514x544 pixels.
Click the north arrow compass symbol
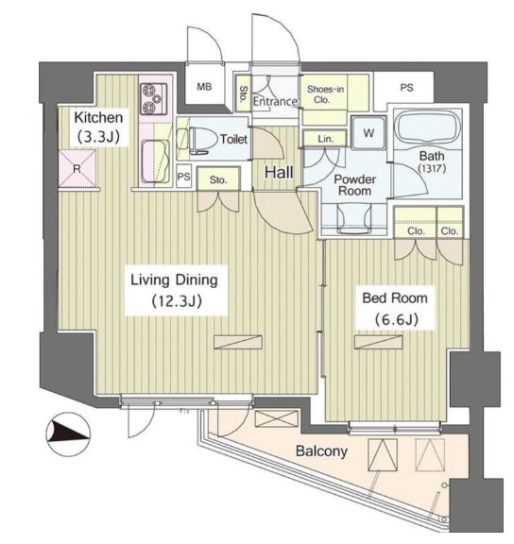(x=68, y=434)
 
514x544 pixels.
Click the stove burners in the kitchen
(x=154, y=98)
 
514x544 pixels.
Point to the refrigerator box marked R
(x=77, y=169)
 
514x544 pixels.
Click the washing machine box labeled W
(x=368, y=133)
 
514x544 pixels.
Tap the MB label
(x=204, y=87)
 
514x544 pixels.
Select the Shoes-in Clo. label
(x=325, y=94)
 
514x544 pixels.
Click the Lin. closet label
(x=326, y=139)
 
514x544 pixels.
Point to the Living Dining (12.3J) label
(x=176, y=290)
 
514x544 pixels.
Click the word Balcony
(x=321, y=451)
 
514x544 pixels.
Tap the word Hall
(x=279, y=173)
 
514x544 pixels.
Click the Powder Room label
(x=354, y=185)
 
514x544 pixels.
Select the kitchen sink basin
(x=155, y=161)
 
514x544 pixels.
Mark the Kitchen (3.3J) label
(x=98, y=127)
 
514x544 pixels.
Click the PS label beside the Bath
(x=406, y=88)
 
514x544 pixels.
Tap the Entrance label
(x=275, y=102)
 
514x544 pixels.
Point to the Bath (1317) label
(x=432, y=162)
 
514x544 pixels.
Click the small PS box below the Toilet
(x=184, y=177)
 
